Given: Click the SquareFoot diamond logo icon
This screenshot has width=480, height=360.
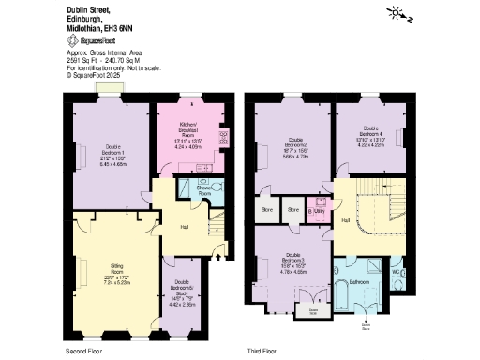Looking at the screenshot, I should click(71, 42).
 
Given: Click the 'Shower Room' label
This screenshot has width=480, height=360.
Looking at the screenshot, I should click(204, 189).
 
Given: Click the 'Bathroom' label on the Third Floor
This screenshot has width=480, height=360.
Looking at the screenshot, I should click(360, 281).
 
